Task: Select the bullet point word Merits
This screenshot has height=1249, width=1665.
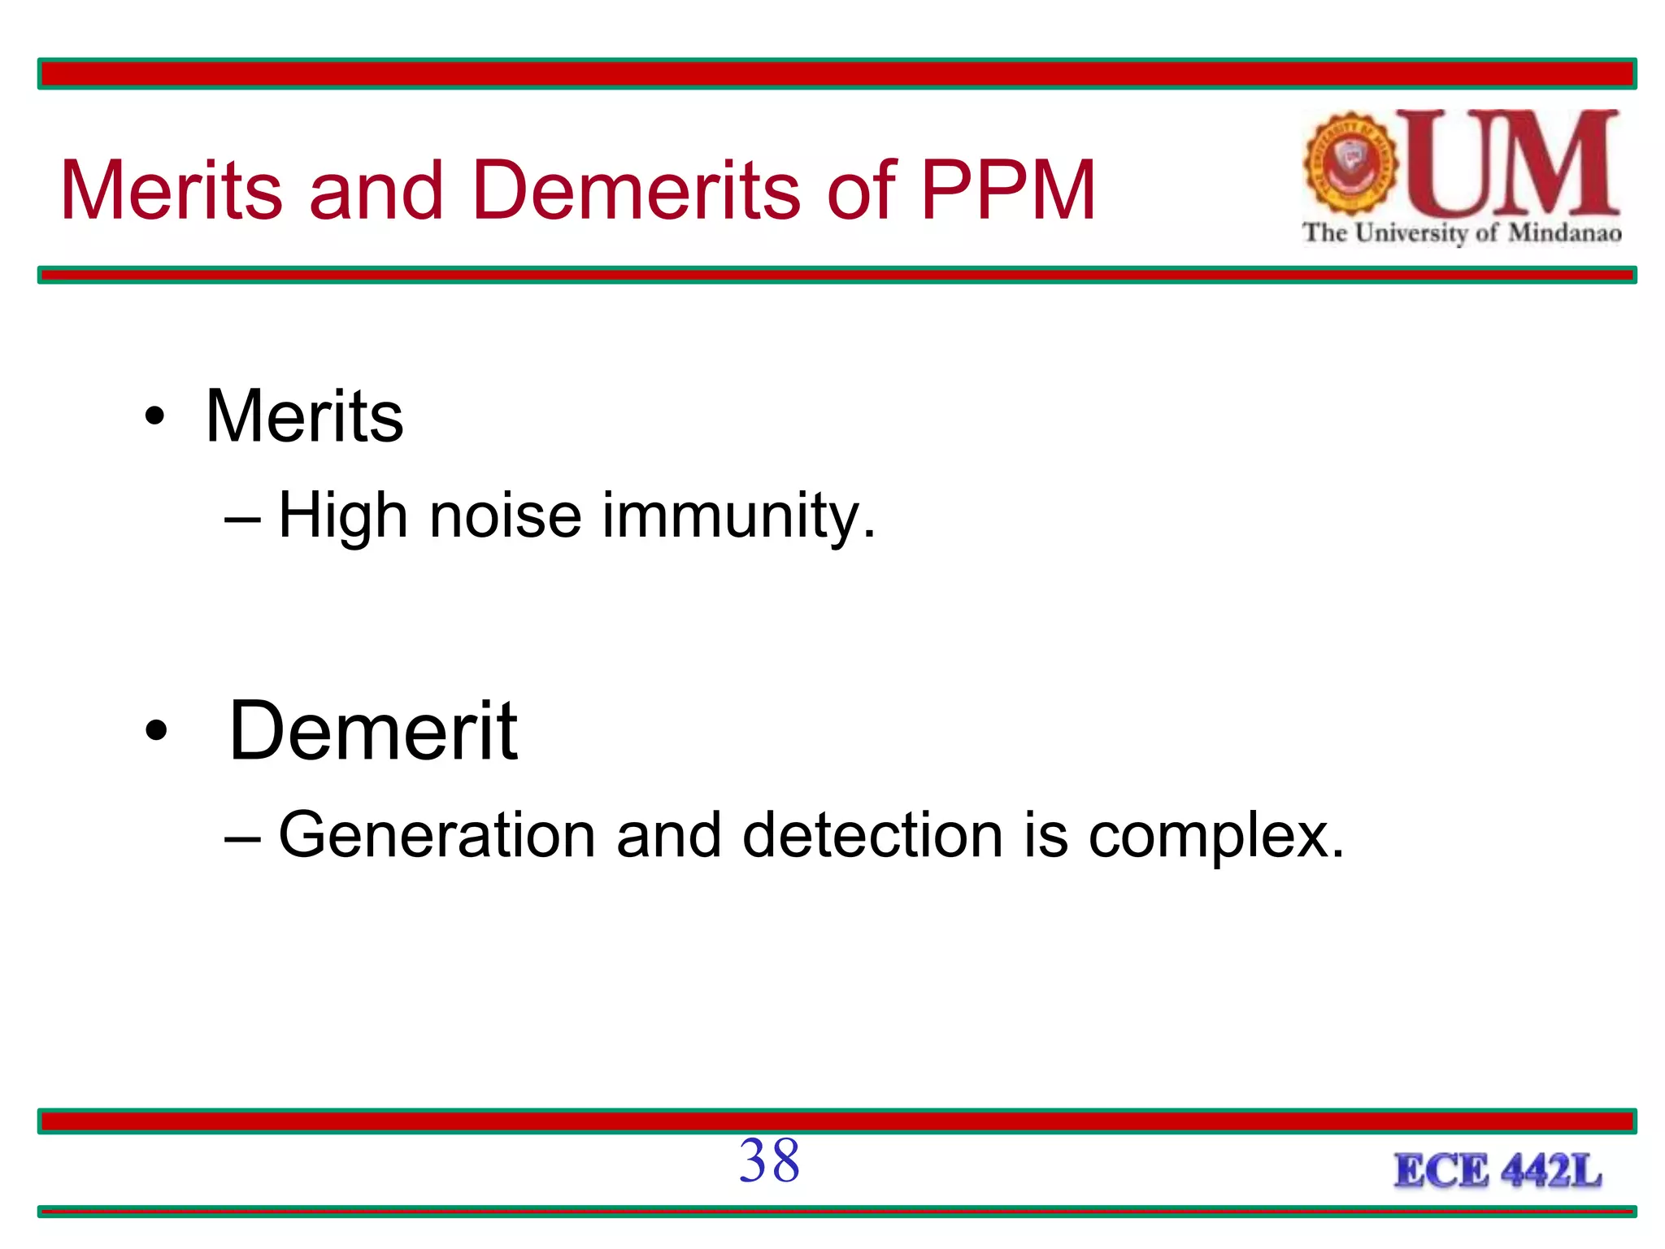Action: point(304,416)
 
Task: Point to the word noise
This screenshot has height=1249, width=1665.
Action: point(505,516)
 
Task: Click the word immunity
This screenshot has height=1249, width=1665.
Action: point(738,517)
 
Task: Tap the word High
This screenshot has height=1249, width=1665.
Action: point(342,517)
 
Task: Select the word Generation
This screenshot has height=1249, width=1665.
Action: point(437,835)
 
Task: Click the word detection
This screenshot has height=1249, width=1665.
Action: point(872,835)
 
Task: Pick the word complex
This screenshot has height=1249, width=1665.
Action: point(1215,837)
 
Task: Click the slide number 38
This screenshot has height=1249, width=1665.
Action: point(769,1160)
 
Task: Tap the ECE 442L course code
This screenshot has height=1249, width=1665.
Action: point(1498,1171)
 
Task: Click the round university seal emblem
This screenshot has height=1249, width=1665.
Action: point(1350,163)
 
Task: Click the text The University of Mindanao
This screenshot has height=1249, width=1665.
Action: point(1462,233)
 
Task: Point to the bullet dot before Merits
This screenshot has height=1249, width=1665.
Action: point(154,417)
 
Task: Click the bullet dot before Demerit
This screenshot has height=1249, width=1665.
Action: point(155,731)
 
